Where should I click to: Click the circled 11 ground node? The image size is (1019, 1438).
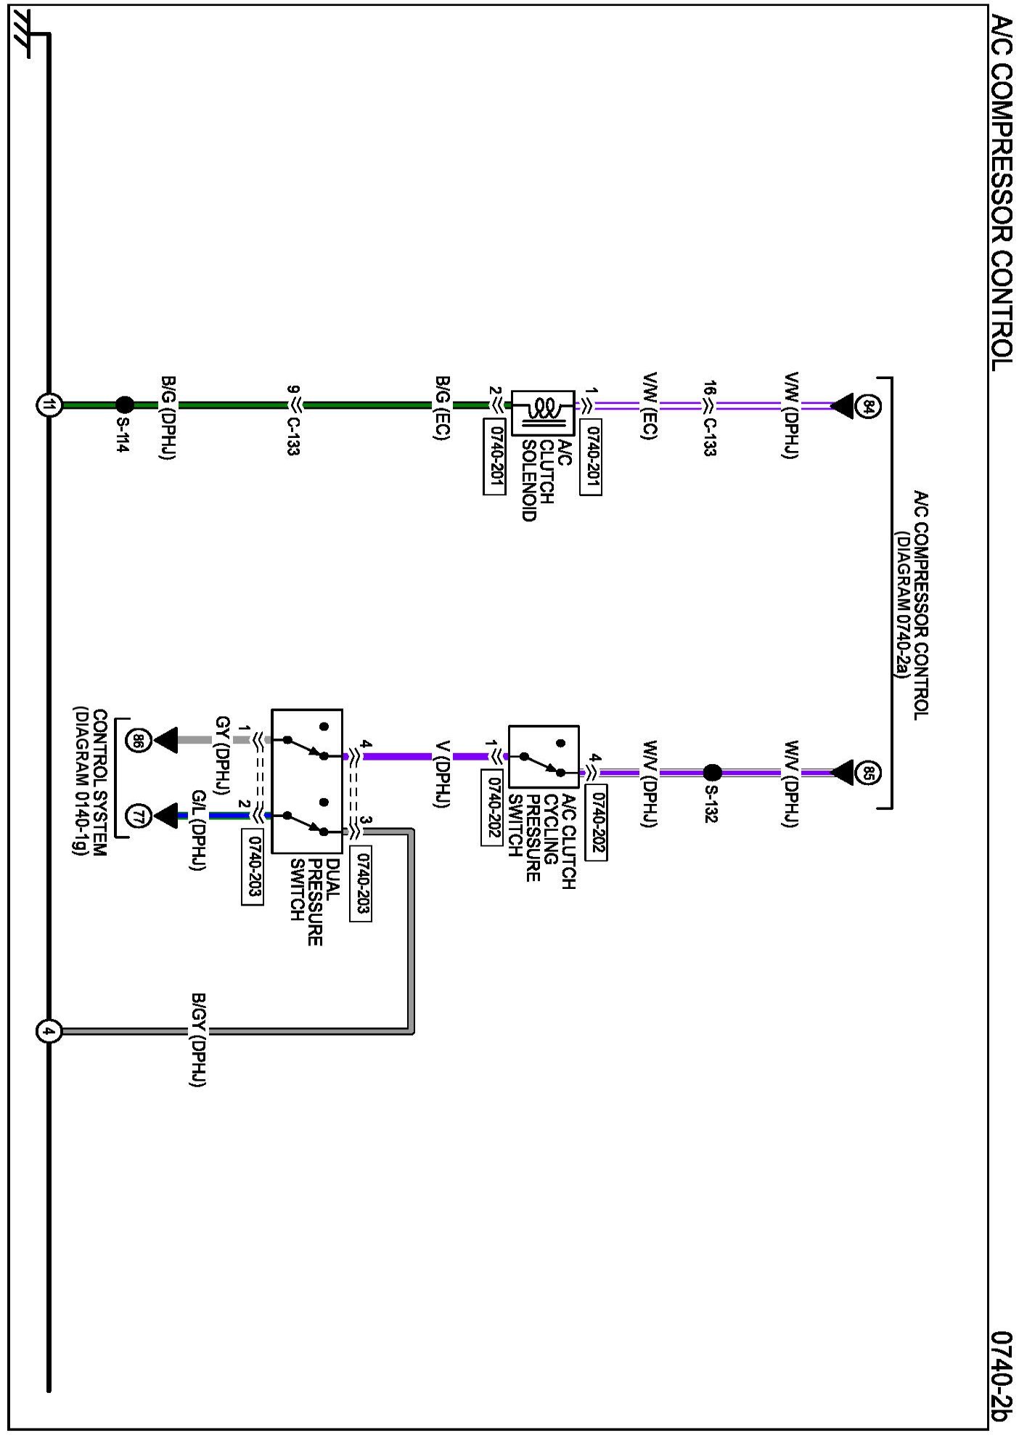[49, 405]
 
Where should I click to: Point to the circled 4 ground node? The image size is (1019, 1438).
[49, 1031]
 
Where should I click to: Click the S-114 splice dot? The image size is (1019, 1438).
[125, 405]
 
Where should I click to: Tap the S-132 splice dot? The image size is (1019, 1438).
[711, 773]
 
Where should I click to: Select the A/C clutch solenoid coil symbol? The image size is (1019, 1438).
[542, 413]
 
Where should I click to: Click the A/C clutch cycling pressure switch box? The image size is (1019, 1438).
[543, 756]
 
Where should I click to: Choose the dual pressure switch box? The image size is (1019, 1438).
[306, 781]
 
